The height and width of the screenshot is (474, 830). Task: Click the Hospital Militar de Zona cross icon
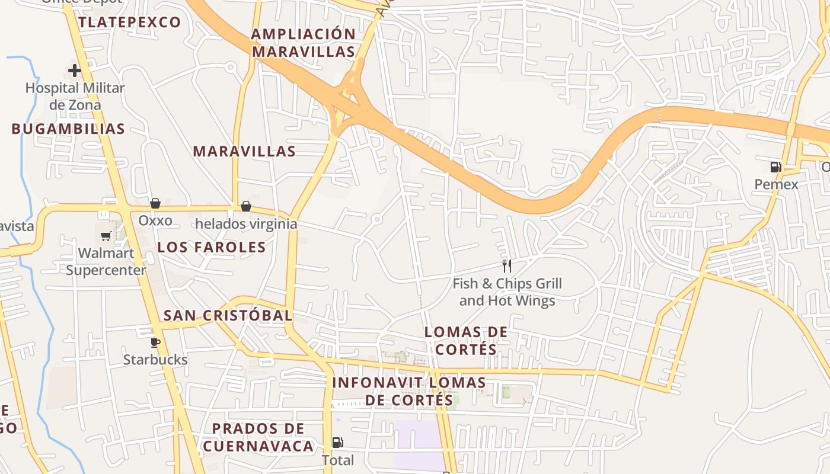point(75,71)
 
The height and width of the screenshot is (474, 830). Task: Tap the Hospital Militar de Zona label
point(75,97)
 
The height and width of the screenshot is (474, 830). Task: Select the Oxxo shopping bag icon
point(155,204)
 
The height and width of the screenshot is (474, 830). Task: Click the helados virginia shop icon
point(246,206)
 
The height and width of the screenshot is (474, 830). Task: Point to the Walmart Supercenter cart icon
point(106,236)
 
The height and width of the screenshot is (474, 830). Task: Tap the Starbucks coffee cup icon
point(155,342)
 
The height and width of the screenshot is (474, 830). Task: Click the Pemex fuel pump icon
point(775,167)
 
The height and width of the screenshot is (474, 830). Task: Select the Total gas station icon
point(337,442)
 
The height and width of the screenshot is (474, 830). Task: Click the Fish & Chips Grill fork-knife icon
point(507,265)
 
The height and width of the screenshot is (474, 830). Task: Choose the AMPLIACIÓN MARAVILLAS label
point(303,43)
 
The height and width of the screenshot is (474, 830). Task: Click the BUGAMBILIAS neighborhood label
point(68,129)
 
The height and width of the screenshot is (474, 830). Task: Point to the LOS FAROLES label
point(212,248)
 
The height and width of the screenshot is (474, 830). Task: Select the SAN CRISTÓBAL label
point(228,316)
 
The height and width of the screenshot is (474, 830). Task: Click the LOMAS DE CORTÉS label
point(466,341)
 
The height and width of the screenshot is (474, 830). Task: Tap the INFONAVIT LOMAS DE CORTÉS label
point(409,391)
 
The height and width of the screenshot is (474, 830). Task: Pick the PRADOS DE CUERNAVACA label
point(258,437)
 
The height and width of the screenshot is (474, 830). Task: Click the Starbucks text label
point(155,360)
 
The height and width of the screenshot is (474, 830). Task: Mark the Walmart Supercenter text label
point(106,261)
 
